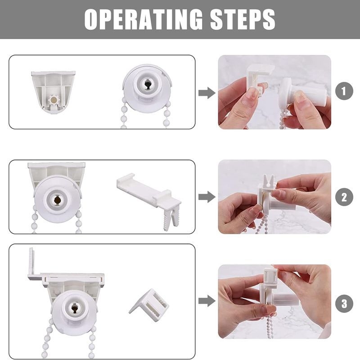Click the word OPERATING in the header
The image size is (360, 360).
pyautogui.click(x=144, y=19)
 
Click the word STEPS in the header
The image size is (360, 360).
pyautogui.click(x=243, y=19)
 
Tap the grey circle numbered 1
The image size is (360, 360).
pyautogui.click(x=344, y=91)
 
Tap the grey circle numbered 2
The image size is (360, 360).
pyautogui.click(x=344, y=197)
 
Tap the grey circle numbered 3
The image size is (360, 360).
pyautogui.click(x=344, y=303)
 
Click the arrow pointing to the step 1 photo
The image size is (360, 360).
pyautogui.click(x=207, y=93)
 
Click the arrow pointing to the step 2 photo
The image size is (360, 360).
pyautogui.click(x=207, y=197)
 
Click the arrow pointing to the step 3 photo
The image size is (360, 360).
pyautogui.click(x=207, y=301)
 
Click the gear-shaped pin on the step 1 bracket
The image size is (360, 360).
pyautogui.click(x=54, y=100)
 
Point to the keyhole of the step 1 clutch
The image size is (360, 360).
pyautogui.click(x=147, y=85)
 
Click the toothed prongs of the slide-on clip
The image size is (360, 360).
pyautogui.click(x=169, y=219)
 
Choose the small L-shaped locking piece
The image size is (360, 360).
pyautogui.click(x=149, y=306)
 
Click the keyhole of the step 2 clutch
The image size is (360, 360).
pyautogui.click(x=57, y=200)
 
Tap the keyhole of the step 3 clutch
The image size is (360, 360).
pyautogui.click(x=74, y=308)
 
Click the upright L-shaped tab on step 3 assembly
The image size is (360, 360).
pyautogui.click(x=31, y=264)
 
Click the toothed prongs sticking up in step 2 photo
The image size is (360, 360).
pyautogui.click(x=268, y=180)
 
